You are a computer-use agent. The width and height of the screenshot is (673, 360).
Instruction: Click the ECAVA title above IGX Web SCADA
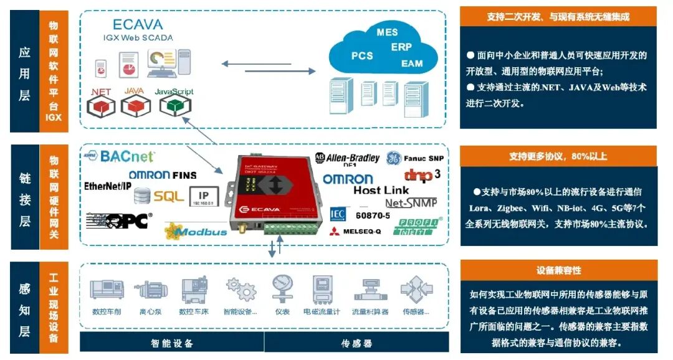[x=138, y=24]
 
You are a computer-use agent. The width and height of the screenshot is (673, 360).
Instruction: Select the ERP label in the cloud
[x=401, y=47]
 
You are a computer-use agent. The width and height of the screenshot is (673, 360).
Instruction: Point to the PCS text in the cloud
[x=362, y=55]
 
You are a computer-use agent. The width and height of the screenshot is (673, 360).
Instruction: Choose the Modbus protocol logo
[x=196, y=231]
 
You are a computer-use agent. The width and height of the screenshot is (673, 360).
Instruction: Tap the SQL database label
[x=168, y=196]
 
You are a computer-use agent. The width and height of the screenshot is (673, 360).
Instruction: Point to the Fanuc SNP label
[x=421, y=158]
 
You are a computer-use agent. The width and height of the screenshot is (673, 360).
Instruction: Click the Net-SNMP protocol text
[x=411, y=202]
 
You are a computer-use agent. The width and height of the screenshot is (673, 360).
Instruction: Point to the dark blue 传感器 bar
[x=356, y=343]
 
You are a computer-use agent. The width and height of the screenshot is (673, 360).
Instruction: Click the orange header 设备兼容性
[x=558, y=270]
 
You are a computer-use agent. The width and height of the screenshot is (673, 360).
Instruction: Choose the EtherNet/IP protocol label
[x=108, y=186]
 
